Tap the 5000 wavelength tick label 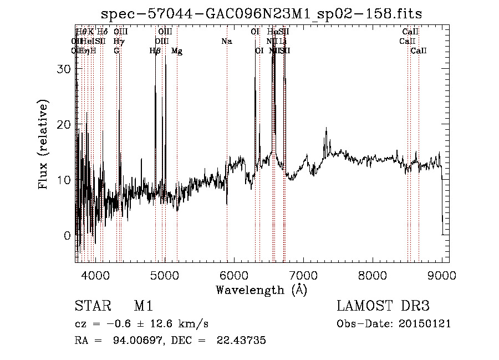pyautogui.click(x=165, y=275)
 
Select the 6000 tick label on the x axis pyautogui.click(x=234, y=275)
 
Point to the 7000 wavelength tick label pyautogui.click(x=303, y=275)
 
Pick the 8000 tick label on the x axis pyautogui.click(x=373, y=275)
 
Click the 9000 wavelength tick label pyautogui.click(x=442, y=275)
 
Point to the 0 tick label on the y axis pyautogui.click(x=67, y=235)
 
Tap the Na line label pyautogui.click(x=226, y=42)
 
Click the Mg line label pyautogui.click(x=177, y=51)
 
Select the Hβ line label pyautogui.click(x=155, y=51)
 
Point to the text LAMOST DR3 pyautogui.click(x=383, y=306)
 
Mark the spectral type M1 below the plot pyautogui.click(x=143, y=306)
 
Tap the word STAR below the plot pyautogui.click(x=91, y=306)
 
